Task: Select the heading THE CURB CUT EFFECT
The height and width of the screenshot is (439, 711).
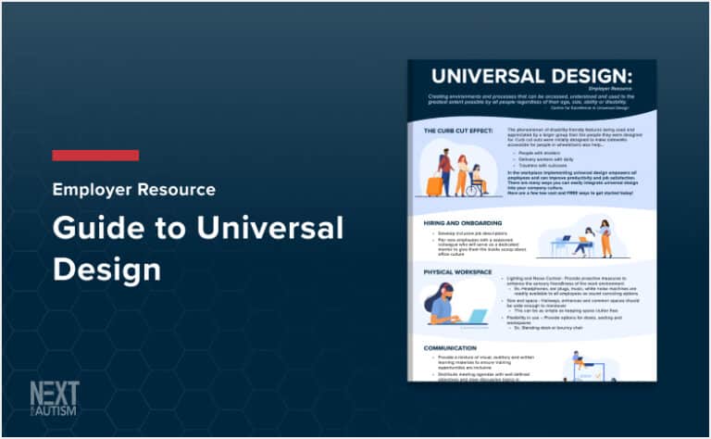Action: pyautogui.click(x=459, y=132)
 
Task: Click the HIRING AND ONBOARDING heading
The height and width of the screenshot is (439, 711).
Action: pyautogui.click(x=471, y=223)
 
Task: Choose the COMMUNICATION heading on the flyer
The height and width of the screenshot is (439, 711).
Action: pyautogui.click(x=456, y=348)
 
